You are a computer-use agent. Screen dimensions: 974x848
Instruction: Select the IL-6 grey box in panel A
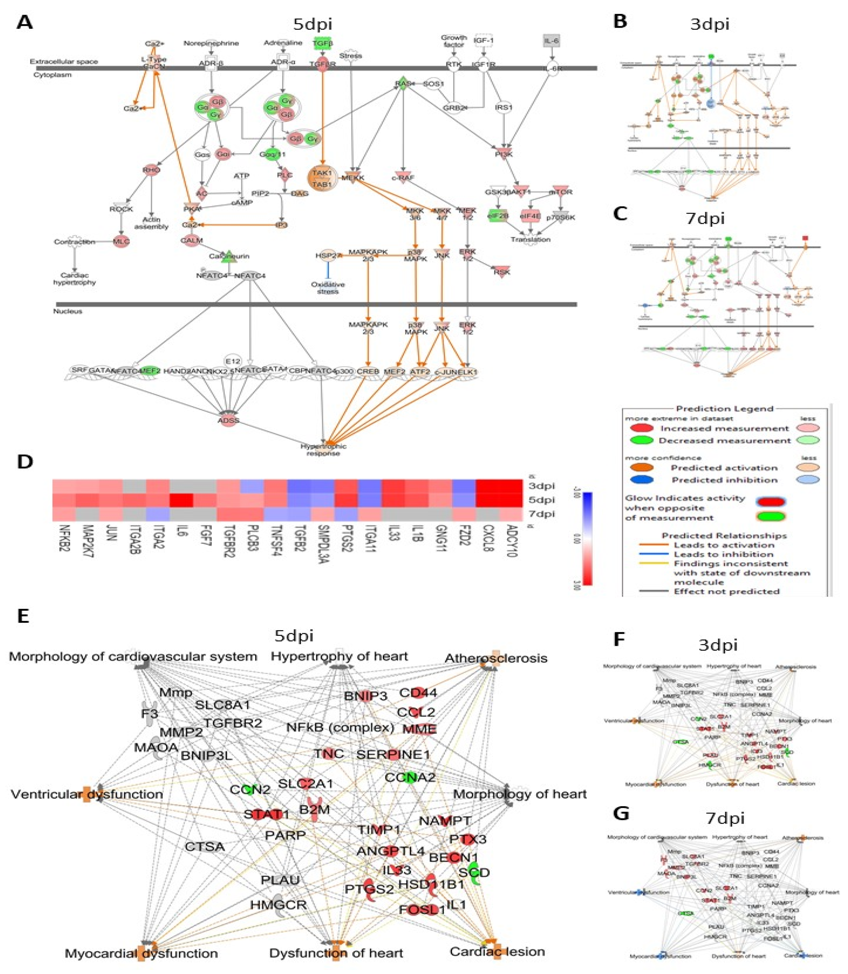(x=552, y=42)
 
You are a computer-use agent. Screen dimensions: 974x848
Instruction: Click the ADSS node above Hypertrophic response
(x=228, y=421)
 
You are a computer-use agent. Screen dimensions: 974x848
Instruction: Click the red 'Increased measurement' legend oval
(x=641, y=428)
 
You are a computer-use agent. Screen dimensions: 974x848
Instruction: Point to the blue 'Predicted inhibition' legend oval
(x=641, y=480)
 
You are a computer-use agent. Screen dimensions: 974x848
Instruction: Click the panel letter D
(x=25, y=462)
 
